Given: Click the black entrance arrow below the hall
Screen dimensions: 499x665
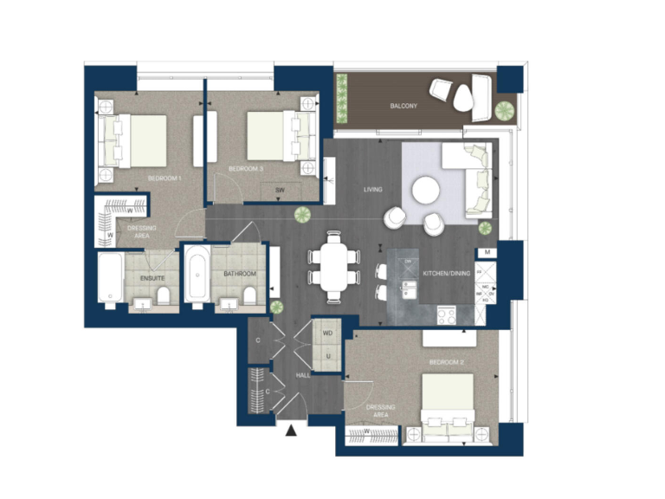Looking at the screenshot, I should tap(292, 428).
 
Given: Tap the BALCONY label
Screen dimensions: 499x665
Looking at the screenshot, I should tap(403, 107).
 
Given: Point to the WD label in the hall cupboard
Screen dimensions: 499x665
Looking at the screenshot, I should tap(327, 333).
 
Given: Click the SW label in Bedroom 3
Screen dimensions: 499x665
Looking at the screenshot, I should tap(280, 190).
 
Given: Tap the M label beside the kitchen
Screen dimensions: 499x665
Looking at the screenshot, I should tap(488, 252).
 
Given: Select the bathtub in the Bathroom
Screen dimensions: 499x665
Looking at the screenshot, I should tap(197, 275).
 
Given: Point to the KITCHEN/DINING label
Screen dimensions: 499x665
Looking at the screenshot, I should tap(447, 274).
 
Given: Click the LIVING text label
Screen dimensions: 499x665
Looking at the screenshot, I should tap(372, 190).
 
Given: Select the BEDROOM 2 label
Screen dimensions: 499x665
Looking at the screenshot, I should tap(447, 361).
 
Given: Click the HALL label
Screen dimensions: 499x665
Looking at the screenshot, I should tap(303, 375).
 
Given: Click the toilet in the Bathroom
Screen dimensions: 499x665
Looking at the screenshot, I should tap(249, 298).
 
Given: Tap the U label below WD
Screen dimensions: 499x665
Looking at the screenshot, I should tap(327, 356).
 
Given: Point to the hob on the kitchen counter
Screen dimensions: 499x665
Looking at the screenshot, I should tap(448, 315).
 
